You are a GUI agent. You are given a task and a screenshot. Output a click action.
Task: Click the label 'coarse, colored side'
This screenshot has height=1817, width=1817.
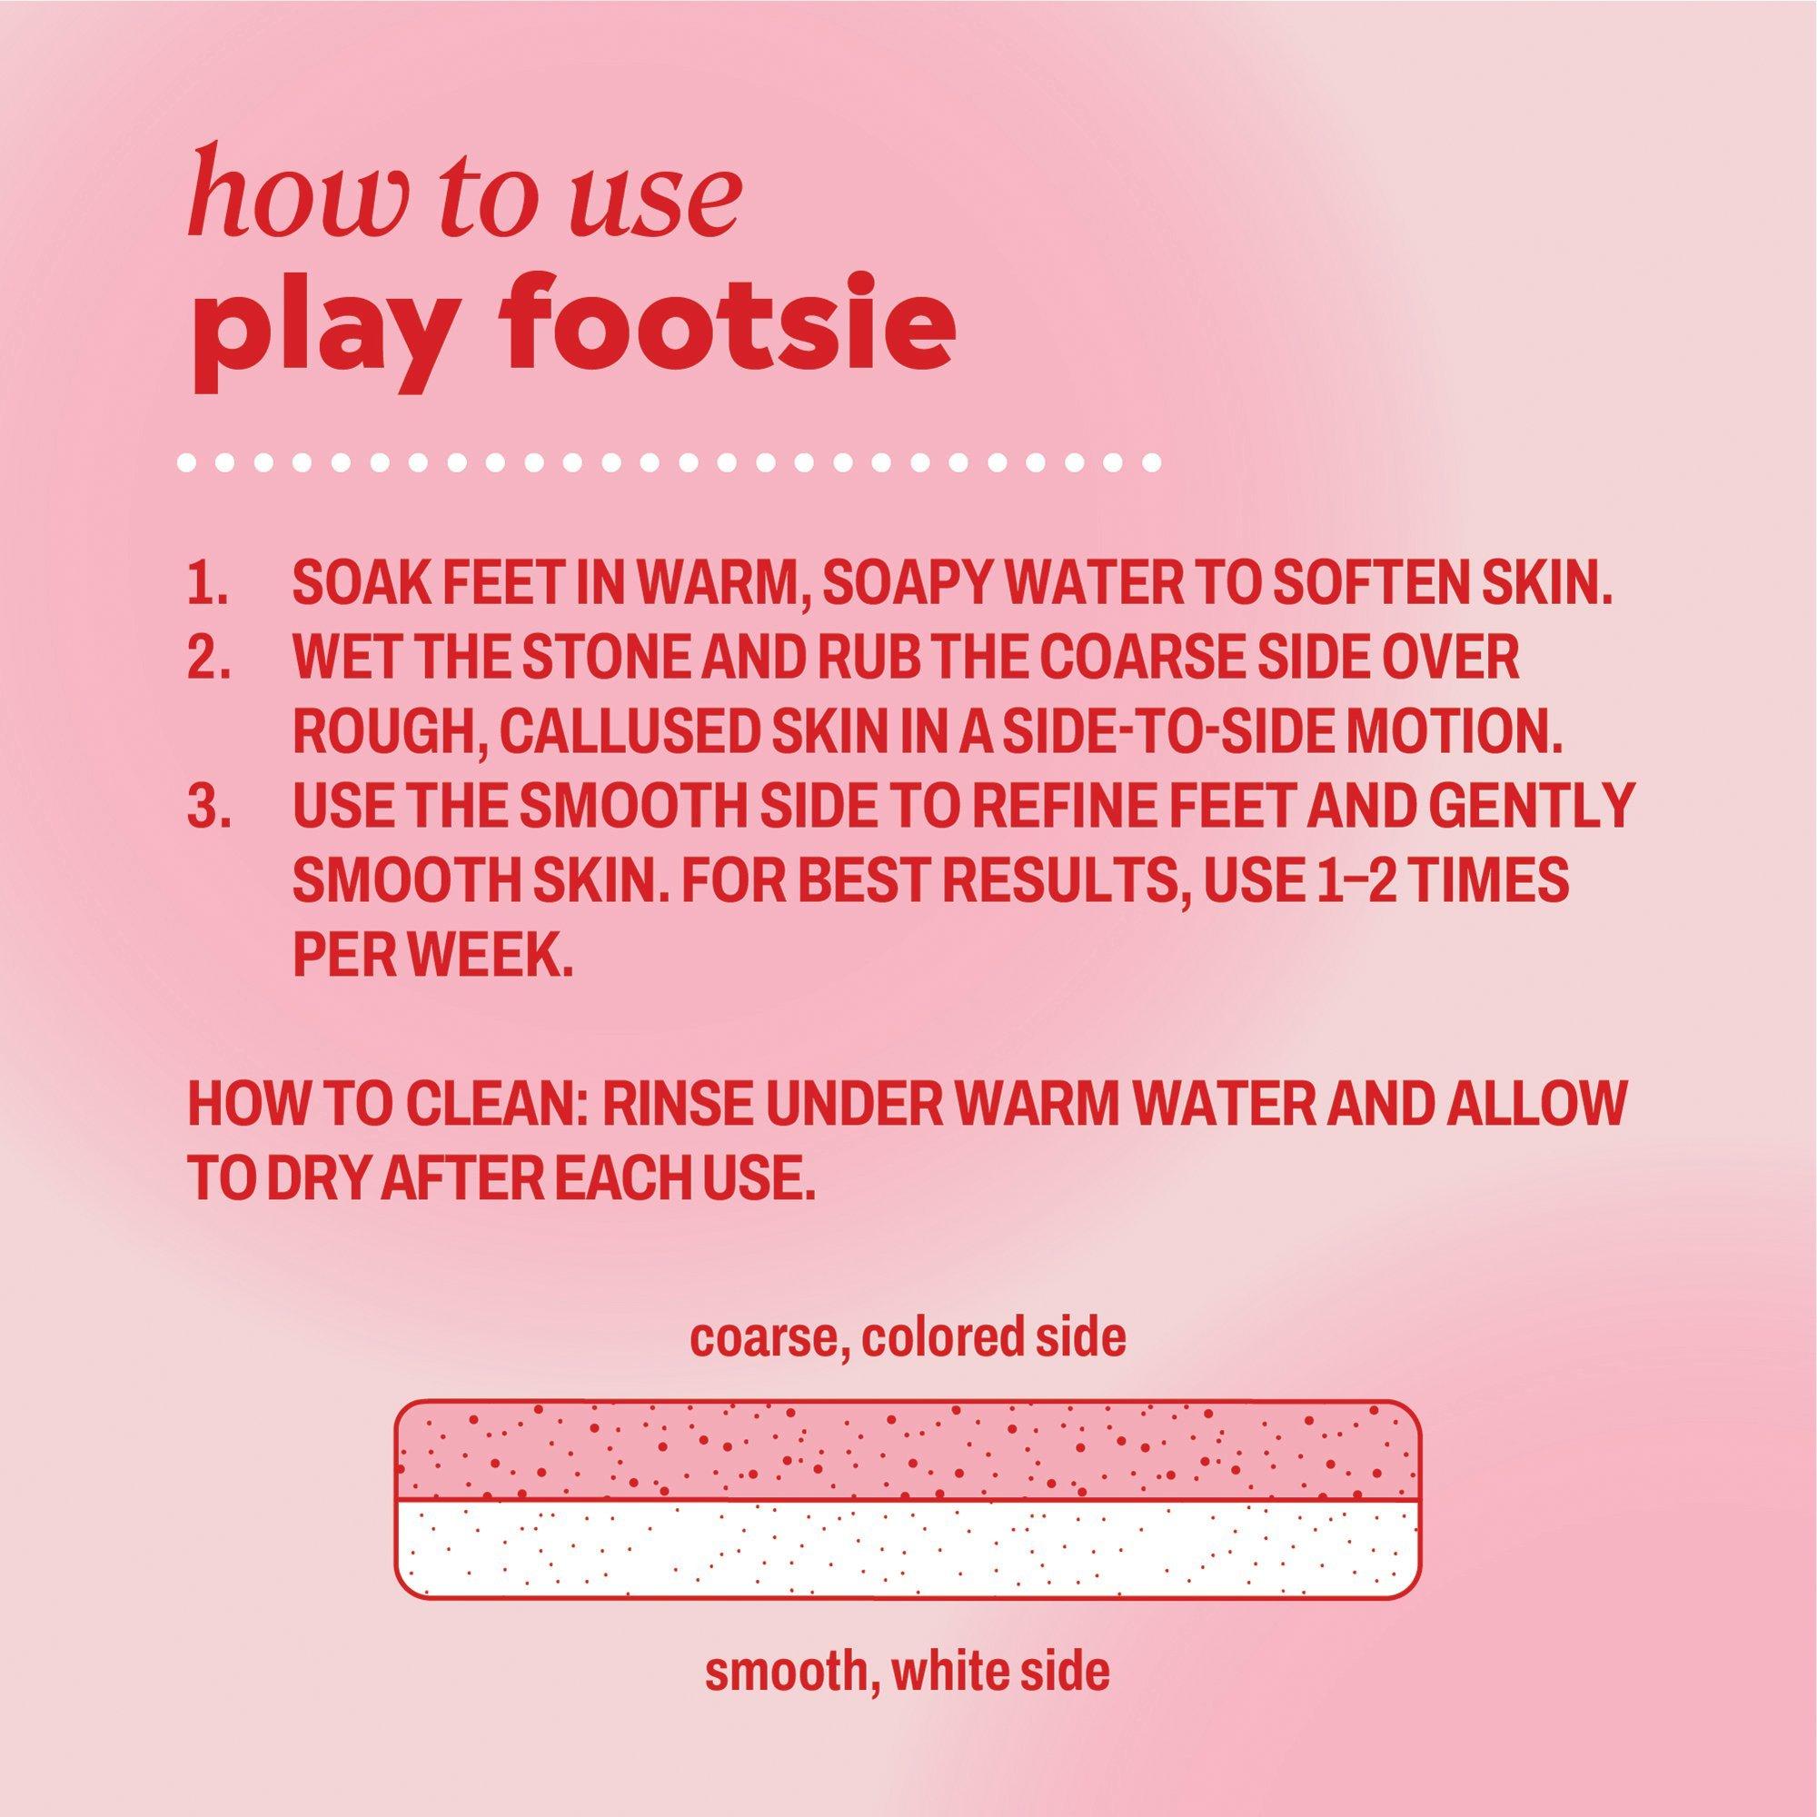(908, 1340)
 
